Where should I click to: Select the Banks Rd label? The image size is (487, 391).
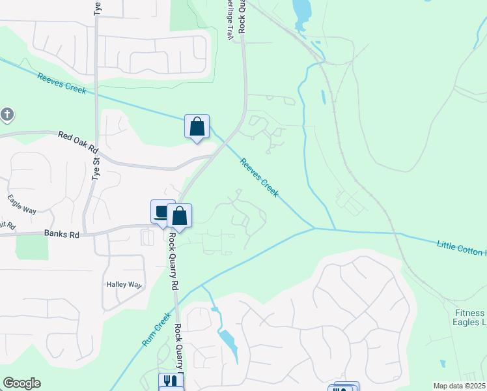[x=61, y=233]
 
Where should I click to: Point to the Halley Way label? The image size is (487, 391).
[x=124, y=285]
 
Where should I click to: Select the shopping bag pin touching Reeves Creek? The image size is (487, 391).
[x=197, y=126]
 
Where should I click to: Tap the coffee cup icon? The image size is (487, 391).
[x=162, y=211]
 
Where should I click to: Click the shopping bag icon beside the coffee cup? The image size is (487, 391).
[x=179, y=216]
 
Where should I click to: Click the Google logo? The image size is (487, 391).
[x=21, y=383]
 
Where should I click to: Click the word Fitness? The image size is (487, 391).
[x=469, y=312]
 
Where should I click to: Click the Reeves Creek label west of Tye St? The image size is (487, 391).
[x=62, y=83]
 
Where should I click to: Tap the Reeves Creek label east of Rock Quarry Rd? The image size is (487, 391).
[x=259, y=177]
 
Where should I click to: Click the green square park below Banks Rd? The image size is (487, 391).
[x=31, y=246]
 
